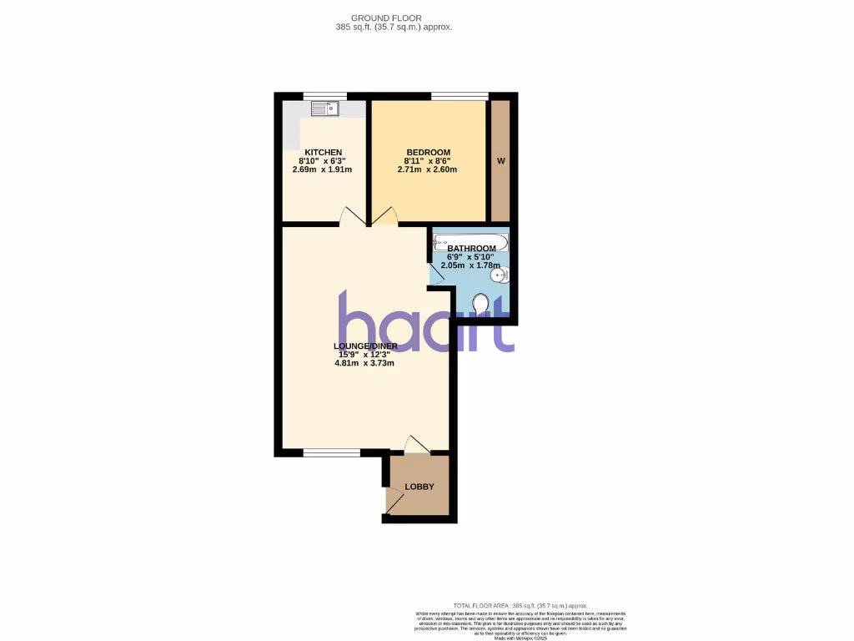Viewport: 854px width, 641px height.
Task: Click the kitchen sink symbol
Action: pos(324,108)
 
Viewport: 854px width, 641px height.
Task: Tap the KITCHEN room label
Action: pos(322,152)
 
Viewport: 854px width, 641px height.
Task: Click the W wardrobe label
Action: pos(500,161)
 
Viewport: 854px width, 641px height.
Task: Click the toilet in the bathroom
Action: pos(480,307)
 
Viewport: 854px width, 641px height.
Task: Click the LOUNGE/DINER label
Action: pos(365,346)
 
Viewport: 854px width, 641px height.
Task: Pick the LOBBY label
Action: pos(419,487)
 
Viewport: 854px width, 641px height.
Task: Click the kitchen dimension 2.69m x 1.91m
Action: pos(322,169)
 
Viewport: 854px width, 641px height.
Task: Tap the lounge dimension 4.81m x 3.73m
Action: pos(364,363)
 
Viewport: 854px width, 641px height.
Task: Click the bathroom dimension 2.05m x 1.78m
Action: pos(470,266)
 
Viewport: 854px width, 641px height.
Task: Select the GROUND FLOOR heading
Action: pos(387,18)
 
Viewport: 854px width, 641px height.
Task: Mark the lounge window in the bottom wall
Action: pos(331,452)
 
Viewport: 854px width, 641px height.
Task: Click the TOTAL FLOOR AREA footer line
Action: pos(520,605)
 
